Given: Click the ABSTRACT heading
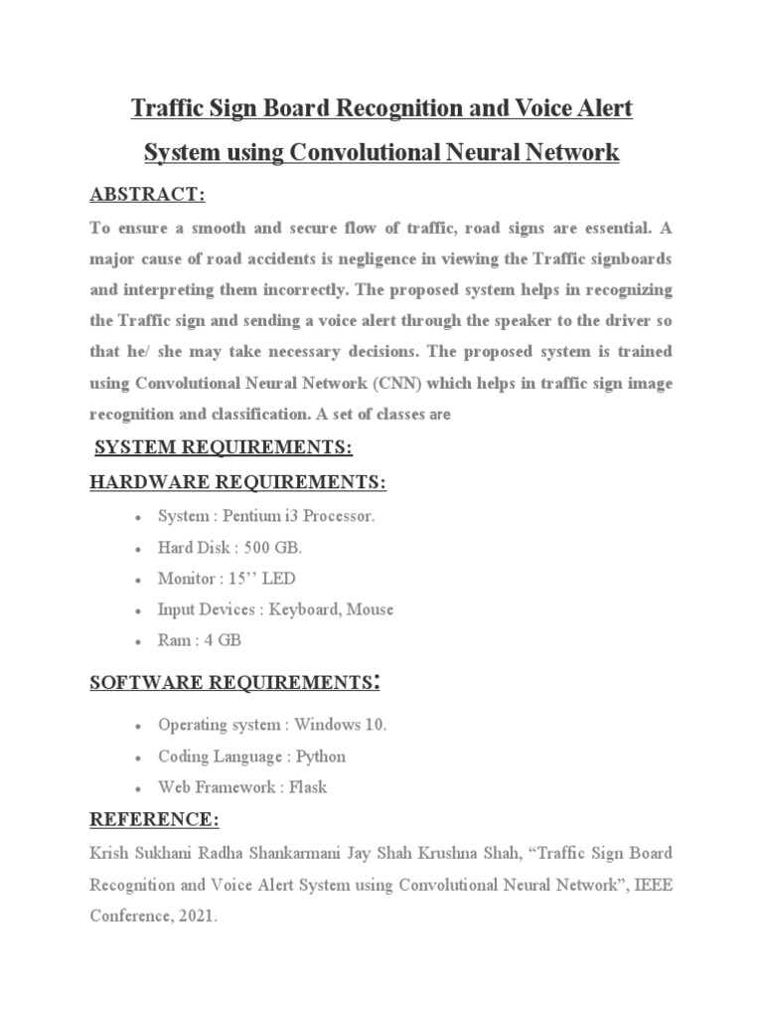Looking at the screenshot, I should coord(147,194).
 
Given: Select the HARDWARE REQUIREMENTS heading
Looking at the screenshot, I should coord(237,482).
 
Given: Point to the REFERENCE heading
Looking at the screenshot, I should coord(155,820).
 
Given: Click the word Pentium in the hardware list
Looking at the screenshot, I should coord(254,517).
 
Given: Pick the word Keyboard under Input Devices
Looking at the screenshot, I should coord(299,609).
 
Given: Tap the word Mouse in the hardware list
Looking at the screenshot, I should coord(370,609).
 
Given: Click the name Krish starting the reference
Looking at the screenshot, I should coord(110,854).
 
